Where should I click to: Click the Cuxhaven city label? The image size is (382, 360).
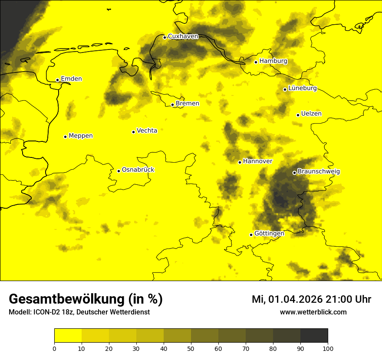tap(183, 36)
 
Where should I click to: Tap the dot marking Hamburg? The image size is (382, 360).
tap(256, 62)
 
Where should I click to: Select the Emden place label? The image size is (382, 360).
tap(71, 79)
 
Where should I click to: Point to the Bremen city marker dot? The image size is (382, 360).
tap(172, 105)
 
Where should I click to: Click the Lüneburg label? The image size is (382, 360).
tap(302, 88)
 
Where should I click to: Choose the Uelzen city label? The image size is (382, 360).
tap(311, 114)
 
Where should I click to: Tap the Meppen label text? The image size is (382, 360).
tap(81, 136)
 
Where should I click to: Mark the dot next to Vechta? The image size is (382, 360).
tap(133, 132)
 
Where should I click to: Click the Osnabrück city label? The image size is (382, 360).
tap(138, 170)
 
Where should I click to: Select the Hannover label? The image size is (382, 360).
tap(257, 161)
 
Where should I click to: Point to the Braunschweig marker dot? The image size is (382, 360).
tap(294, 173)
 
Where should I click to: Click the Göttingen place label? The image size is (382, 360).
tap(269, 234)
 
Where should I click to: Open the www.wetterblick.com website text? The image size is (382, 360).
tap(313, 312)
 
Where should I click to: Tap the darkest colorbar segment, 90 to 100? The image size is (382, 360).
tap(314, 336)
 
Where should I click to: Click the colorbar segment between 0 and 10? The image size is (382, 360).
tap(68, 336)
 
